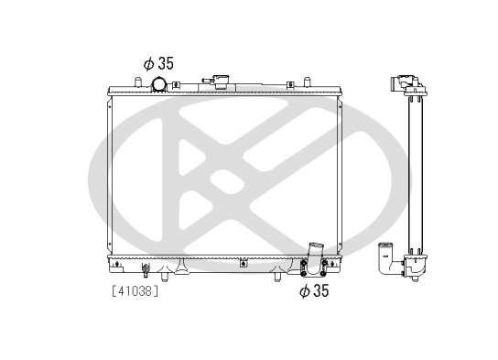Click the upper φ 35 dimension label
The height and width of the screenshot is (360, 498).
click(x=157, y=63)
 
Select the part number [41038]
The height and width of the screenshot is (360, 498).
click(x=135, y=292)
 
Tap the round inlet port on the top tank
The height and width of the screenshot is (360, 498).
click(x=159, y=86)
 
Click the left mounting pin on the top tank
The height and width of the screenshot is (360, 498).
click(x=136, y=83)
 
